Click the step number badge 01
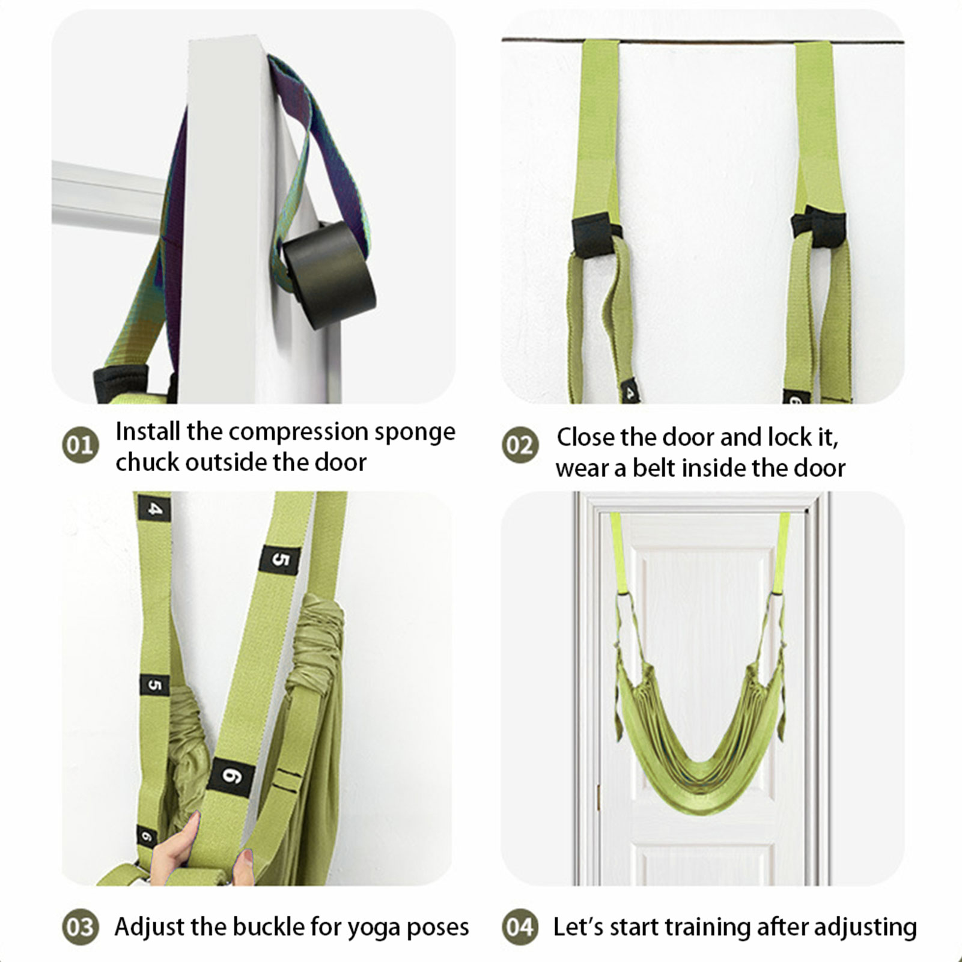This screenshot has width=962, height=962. [x=81, y=445]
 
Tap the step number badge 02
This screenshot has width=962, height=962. [x=520, y=445]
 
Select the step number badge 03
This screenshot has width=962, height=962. [x=81, y=927]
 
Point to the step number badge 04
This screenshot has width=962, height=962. [x=520, y=927]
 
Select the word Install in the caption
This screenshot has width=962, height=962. [x=148, y=431]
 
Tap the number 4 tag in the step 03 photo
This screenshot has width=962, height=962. [x=154, y=508]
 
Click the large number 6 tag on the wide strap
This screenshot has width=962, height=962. [x=231, y=776]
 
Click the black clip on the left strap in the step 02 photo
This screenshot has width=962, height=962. [x=595, y=235]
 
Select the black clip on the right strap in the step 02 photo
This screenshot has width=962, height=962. [x=818, y=227]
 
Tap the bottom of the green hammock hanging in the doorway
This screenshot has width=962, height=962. [x=701, y=805]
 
